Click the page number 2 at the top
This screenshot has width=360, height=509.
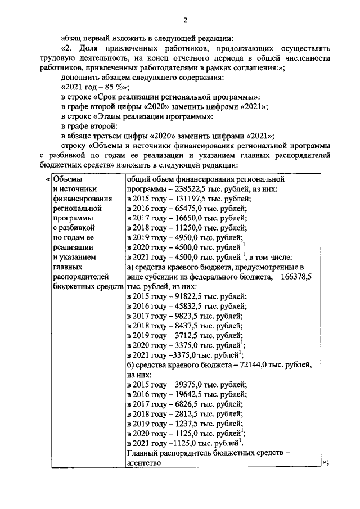(184, 21)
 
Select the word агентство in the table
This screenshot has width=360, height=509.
(144, 463)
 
